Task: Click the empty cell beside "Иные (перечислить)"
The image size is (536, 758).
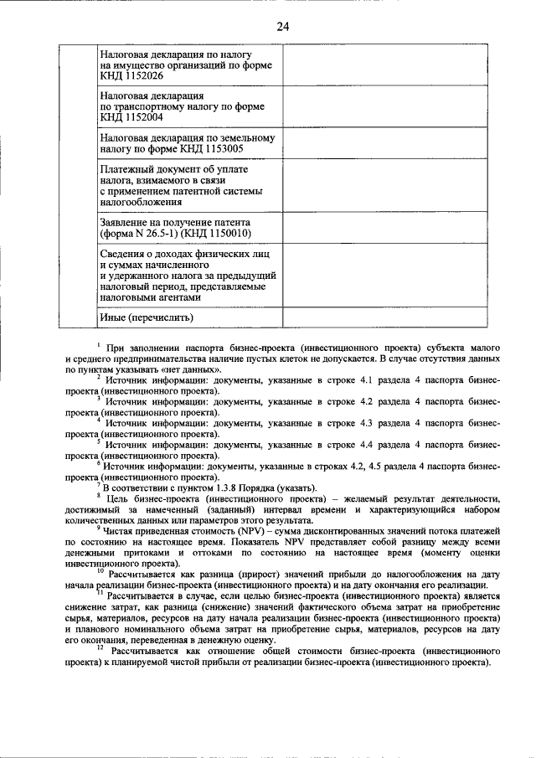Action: point(384,317)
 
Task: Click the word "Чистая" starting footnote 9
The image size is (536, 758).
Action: point(121,531)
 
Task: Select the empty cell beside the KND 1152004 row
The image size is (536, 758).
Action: point(384,106)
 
